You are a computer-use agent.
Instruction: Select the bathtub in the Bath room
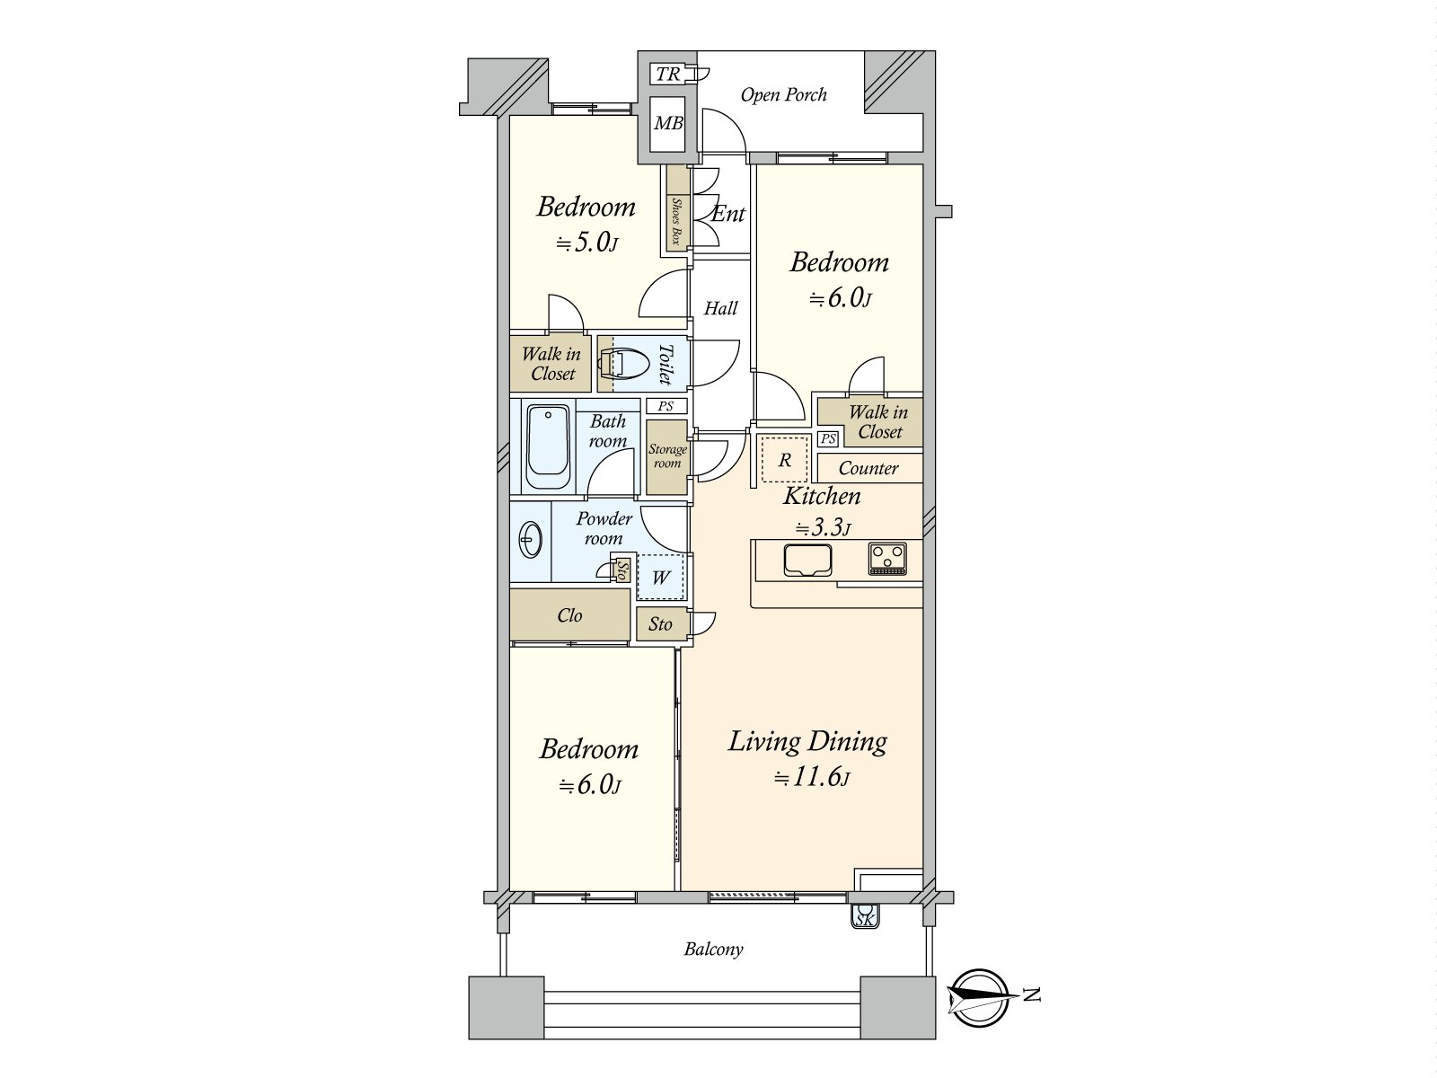click(x=547, y=447)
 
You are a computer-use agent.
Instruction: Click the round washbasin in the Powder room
click(x=530, y=541)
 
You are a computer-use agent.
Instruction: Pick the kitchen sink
click(x=807, y=561)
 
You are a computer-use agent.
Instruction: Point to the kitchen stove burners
click(x=887, y=559)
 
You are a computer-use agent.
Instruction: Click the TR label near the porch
click(x=668, y=74)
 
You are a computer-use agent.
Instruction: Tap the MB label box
click(x=668, y=122)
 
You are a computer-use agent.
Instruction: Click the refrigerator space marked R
click(x=784, y=460)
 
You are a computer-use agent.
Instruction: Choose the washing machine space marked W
click(x=660, y=578)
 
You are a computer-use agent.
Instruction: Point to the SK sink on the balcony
click(x=865, y=916)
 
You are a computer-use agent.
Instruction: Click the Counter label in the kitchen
click(x=868, y=468)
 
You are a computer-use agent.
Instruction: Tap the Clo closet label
click(x=569, y=615)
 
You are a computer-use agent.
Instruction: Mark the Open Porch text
click(x=783, y=95)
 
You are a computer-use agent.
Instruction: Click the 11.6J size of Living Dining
click(x=812, y=778)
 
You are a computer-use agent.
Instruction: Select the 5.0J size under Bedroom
click(x=586, y=243)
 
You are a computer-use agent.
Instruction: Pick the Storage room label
click(x=667, y=456)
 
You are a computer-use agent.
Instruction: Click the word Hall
click(x=720, y=308)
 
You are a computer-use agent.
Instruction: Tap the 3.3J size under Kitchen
click(x=823, y=527)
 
